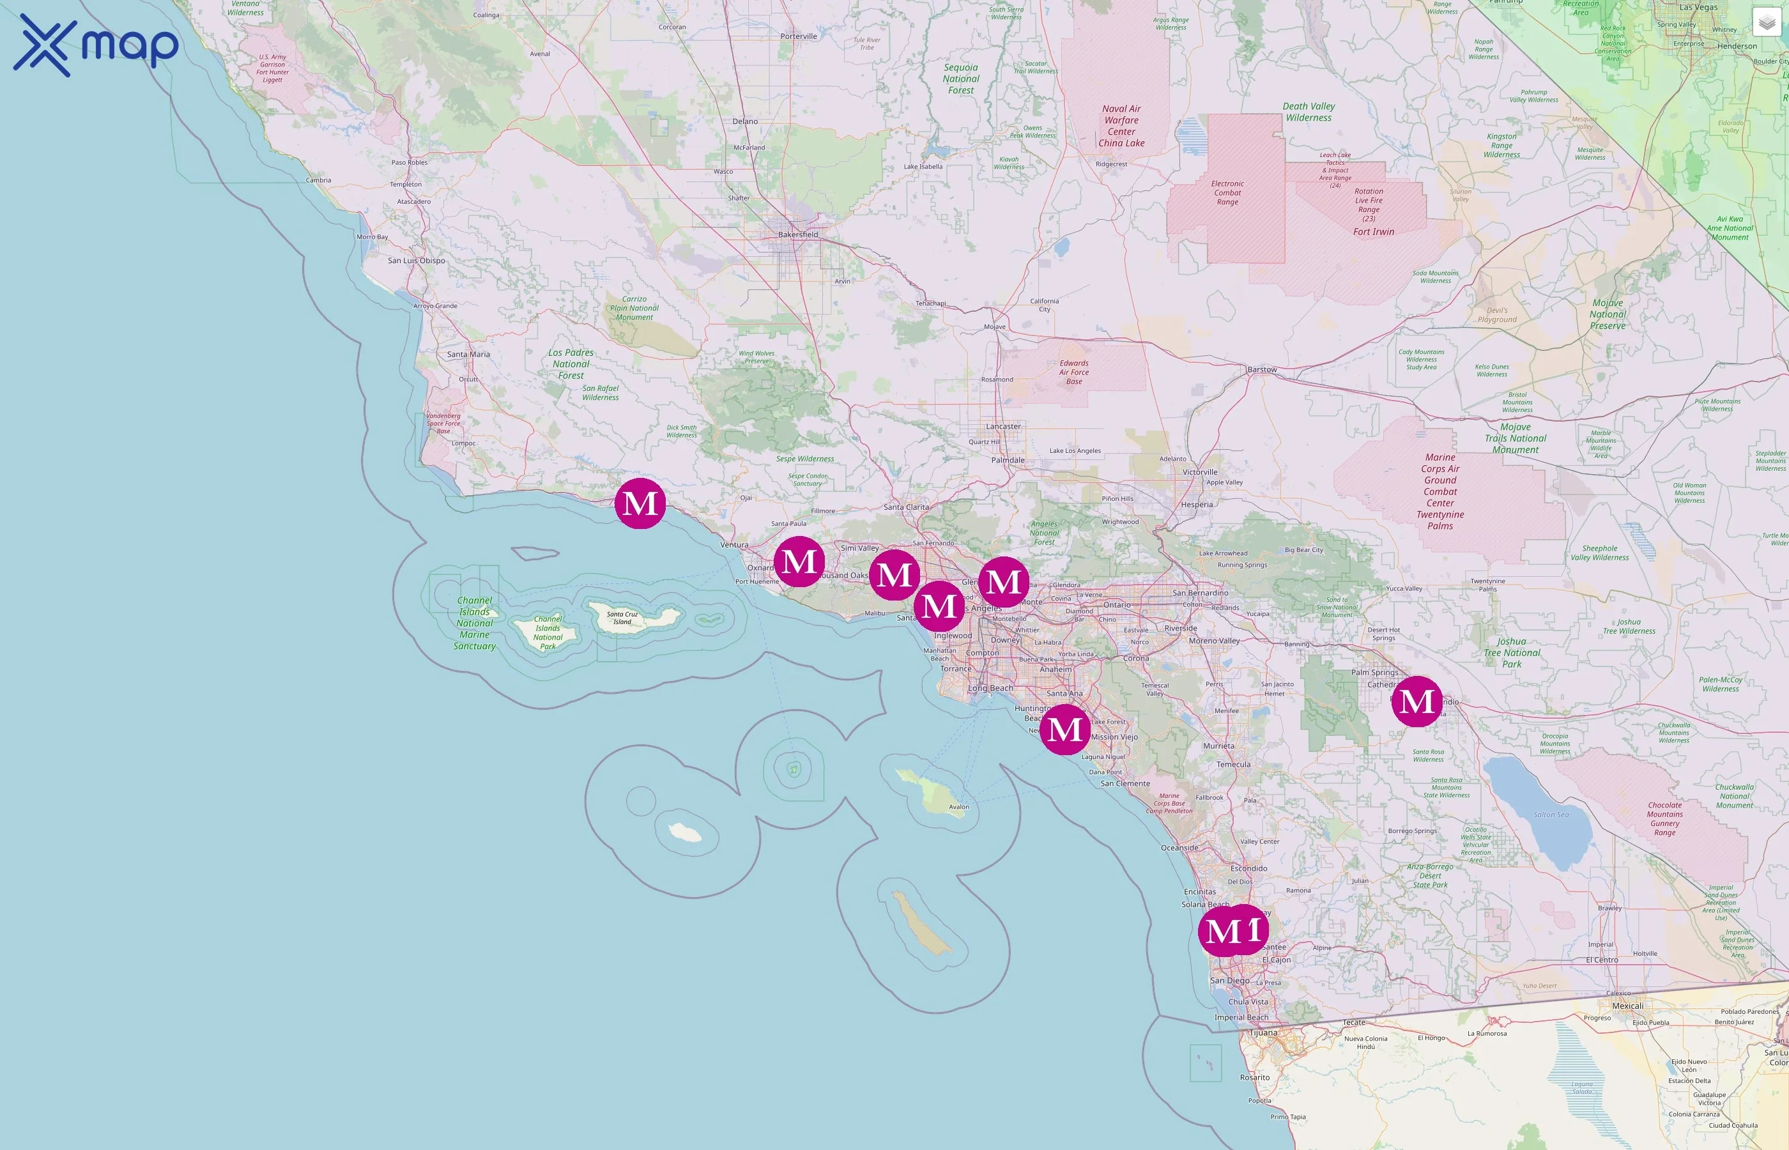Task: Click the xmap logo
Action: [96, 45]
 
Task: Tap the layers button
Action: [1767, 23]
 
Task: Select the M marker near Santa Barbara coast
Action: [640, 503]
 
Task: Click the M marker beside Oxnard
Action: [799, 562]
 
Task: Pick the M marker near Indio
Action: [1417, 701]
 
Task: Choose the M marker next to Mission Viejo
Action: [1064, 729]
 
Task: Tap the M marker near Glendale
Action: [1004, 582]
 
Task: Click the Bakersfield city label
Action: [797, 234]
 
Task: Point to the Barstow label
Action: [1262, 370]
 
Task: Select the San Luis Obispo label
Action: [416, 261]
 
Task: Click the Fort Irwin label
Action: [1373, 231]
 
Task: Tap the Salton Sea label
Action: [1551, 815]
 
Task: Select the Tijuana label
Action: [1263, 1032]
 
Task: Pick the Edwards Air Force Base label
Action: [1073, 372]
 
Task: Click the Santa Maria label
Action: [468, 354]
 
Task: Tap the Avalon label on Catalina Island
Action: [959, 806]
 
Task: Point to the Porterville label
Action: [798, 36]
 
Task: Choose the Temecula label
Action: [1232, 764]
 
